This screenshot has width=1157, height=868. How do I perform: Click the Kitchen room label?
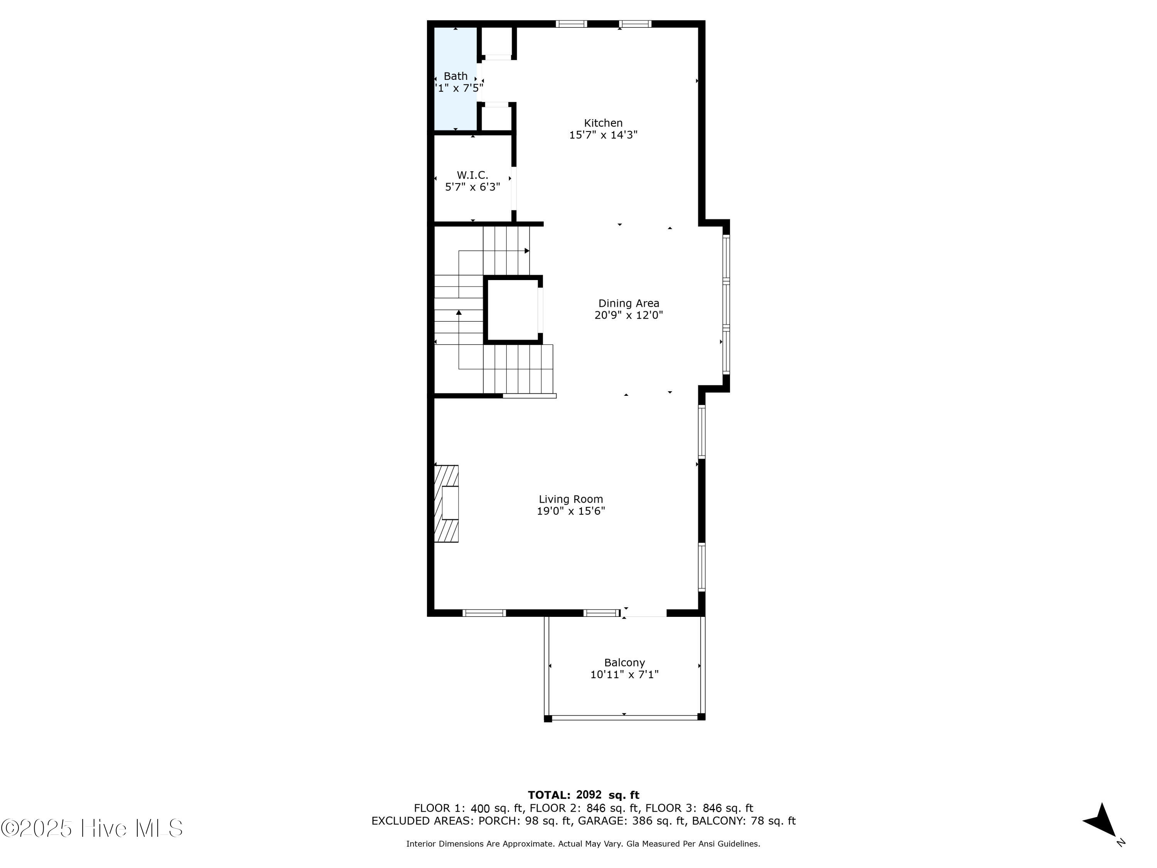click(x=603, y=123)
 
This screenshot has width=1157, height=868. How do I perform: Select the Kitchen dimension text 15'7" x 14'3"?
click(x=603, y=135)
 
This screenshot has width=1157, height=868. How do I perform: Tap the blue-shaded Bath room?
click(x=455, y=105)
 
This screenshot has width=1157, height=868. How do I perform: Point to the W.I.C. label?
click(x=472, y=175)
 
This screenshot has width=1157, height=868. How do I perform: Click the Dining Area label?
click(x=628, y=304)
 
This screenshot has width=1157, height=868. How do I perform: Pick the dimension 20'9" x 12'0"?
click(x=628, y=315)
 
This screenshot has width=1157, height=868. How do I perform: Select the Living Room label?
click(x=571, y=499)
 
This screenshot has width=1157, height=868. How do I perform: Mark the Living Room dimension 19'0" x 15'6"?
click(x=571, y=511)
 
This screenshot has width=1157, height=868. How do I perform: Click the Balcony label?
click(x=624, y=662)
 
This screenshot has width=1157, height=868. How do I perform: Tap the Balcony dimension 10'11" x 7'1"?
click(x=624, y=674)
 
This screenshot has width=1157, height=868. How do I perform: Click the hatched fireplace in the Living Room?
click(x=447, y=503)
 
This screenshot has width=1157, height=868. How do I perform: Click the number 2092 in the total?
click(x=589, y=795)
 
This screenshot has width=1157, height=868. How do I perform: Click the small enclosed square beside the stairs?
click(x=513, y=310)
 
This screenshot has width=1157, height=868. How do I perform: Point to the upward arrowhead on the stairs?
click(x=459, y=312)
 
